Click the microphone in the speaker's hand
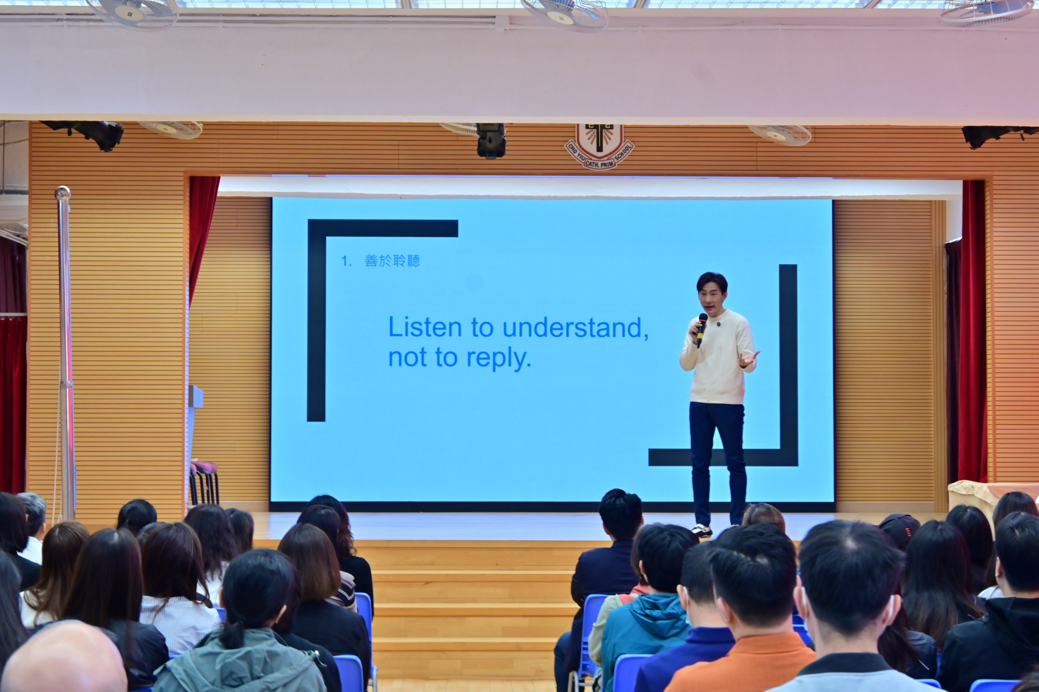coord(701,330)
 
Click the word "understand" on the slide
coord(575,328)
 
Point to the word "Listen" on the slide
coord(425,327)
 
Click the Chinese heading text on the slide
coord(392,261)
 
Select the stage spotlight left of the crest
coord(491,140)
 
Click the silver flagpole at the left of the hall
coord(65,351)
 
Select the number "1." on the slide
coord(346,262)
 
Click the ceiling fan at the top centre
coord(564,12)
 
